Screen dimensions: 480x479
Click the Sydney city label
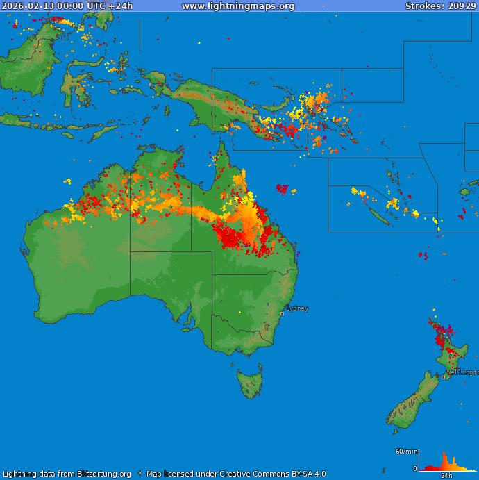(x=297, y=308)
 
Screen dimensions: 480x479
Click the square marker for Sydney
(x=282, y=313)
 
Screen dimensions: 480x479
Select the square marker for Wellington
(x=444, y=377)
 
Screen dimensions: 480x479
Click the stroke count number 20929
(x=462, y=6)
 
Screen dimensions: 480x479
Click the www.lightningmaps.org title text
(x=238, y=6)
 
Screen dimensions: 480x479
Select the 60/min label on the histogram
(x=406, y=452)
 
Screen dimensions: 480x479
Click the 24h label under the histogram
(x=446, y=476)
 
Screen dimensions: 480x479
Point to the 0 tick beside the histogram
(x=415, y=469)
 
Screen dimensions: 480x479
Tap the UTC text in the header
(x=96, y=6)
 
